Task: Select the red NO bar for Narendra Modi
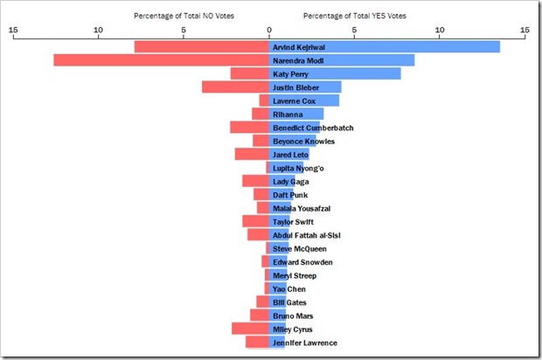(161, 60)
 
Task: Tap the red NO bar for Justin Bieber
(235, 87)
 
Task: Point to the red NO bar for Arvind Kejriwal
(201, 47)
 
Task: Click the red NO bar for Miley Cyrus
(250, 329)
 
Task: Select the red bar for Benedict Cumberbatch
(249, 128)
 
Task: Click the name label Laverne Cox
(294, 101)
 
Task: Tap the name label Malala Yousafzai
(302, 209)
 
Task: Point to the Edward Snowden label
(302, 262)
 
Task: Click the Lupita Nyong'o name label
(298, 168)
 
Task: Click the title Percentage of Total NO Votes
(184, 16)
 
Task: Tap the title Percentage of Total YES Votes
(355, 16)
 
